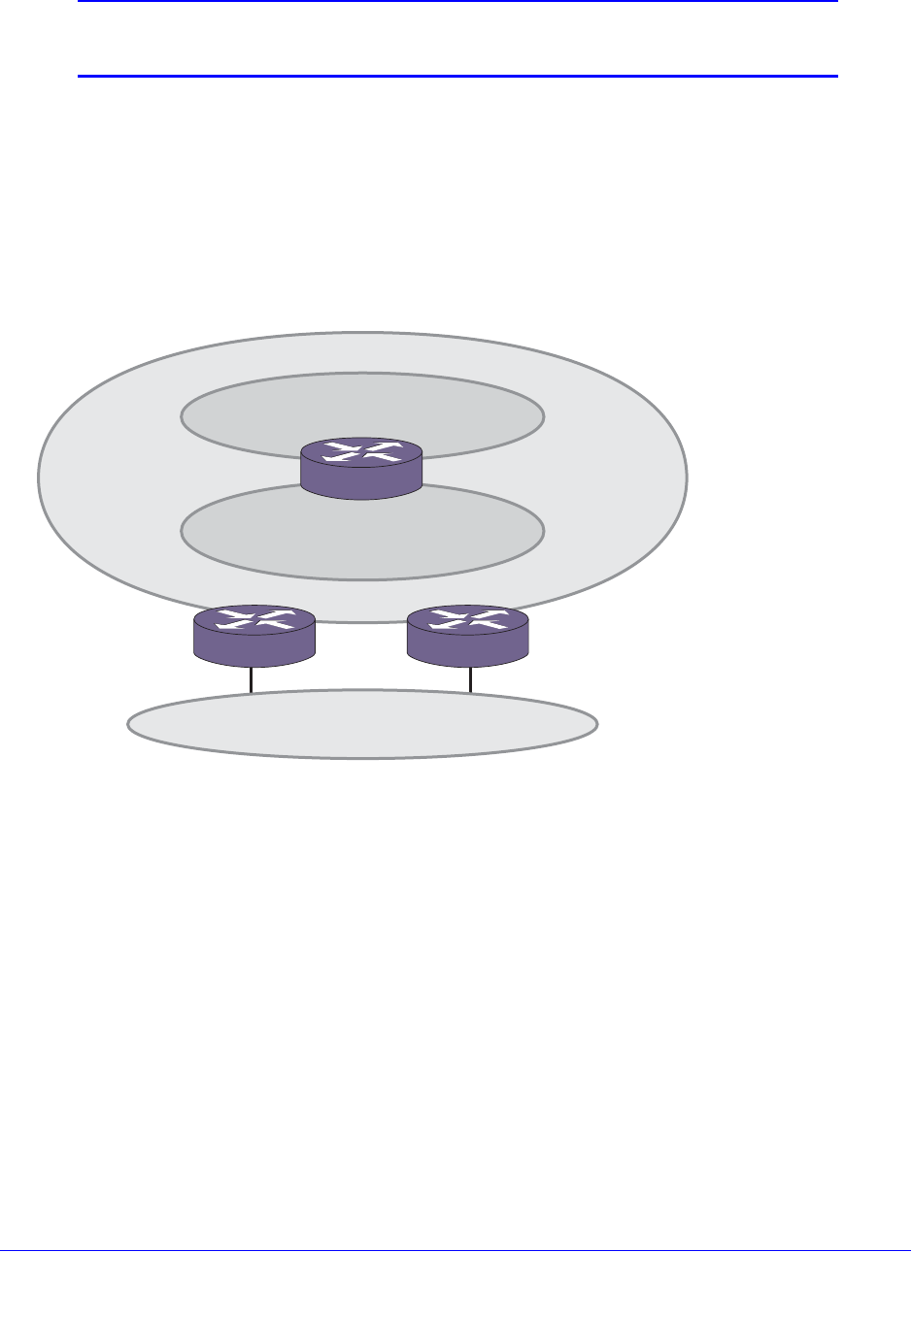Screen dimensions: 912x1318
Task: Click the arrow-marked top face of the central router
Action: click(x=361, y=451)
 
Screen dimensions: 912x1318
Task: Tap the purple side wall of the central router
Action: click(x=361, y=482)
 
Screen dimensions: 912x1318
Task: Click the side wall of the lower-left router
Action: click(x=254, y=649)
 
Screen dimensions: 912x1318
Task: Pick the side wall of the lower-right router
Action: click(x=468, y=649)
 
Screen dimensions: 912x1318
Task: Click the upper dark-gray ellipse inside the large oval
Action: click(x=361, y=407)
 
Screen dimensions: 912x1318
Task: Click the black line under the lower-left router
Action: click(x=252, y=679)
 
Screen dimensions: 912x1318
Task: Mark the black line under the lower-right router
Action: click(x=471, y=679)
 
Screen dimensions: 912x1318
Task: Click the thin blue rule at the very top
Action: click(x=456, y=1)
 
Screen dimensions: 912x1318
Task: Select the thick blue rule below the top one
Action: click(x=456, y=76)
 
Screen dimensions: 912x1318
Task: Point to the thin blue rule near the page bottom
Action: click(x=456, y=1250)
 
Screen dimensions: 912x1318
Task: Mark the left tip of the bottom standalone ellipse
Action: click(x=129, y=724)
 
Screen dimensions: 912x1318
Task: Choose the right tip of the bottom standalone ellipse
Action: click(x=596, y=724)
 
